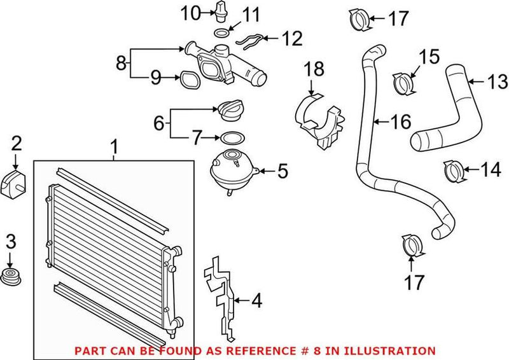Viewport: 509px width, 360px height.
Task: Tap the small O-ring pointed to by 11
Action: pos(220,33)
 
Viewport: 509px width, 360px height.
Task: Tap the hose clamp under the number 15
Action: pos(404,83)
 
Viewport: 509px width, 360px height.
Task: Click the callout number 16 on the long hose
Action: pos(401,121)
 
